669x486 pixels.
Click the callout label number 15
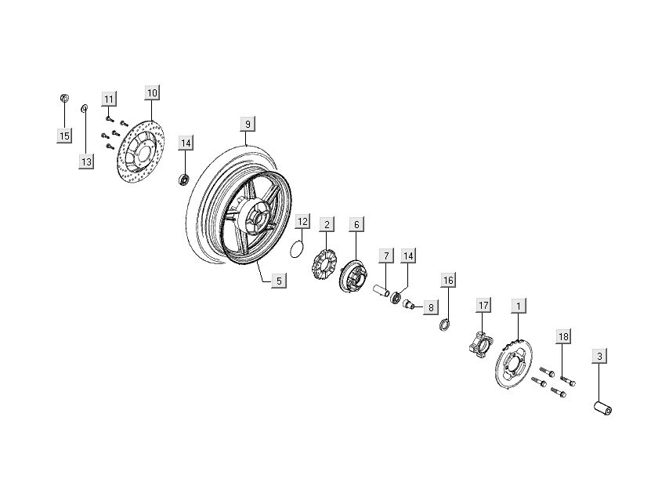pos(64,136)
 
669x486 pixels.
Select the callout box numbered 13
pos(85,161)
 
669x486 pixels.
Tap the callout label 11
pos(109,99)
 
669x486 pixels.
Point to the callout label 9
pos(247,124)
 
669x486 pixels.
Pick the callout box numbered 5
pos(279,279)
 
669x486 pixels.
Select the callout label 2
pos(327,224)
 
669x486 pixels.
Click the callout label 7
pos(385,256)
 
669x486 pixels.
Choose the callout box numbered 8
pos(430,308)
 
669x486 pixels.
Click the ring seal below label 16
pos(444,324)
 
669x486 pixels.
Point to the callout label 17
pos(483,305)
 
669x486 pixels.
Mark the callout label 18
pos(563,336)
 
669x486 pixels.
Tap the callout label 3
pos(600,357)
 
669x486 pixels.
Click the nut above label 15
pos(65,99)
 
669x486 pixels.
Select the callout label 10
pos(152,92)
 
